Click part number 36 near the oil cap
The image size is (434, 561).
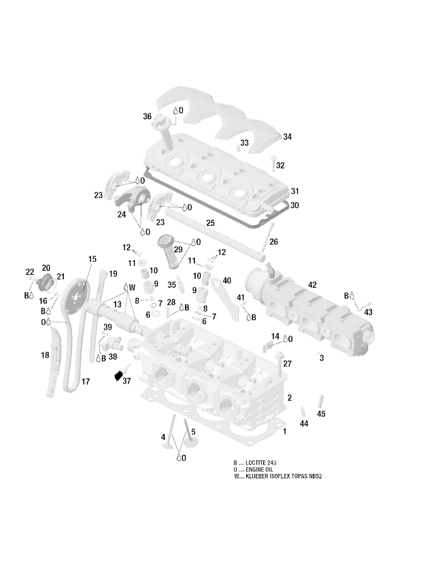147,116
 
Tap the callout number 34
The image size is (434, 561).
287,137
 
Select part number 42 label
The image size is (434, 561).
312,284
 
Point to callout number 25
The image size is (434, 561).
210,223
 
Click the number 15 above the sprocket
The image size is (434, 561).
93,259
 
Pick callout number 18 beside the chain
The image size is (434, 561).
45,355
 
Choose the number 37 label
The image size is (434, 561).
127,381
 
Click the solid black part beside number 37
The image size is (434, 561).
117,375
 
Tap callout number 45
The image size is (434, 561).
321,413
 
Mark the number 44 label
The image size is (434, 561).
304,424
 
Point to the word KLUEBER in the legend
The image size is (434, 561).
259,476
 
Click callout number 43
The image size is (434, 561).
368,312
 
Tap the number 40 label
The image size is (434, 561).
227,280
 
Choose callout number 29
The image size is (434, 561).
179,250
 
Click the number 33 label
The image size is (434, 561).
245,143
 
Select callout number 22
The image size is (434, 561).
30,272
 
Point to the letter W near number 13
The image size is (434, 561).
133,286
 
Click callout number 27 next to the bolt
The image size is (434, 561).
288,364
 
